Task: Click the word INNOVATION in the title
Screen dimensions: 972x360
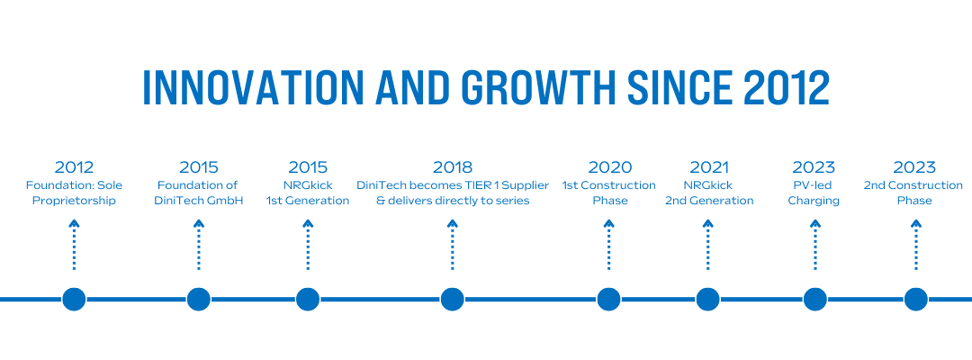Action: (253, 87)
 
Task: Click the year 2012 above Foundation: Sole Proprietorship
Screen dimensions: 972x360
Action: (74, 167)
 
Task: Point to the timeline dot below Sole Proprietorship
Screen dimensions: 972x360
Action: (74, 300)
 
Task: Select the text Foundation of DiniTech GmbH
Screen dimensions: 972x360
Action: (198, 193)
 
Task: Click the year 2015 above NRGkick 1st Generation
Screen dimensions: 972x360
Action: (308, 167)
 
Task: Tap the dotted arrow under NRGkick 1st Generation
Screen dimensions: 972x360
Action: (308, 245)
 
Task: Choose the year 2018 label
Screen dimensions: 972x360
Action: (453, 167)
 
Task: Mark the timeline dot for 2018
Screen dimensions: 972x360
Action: (453, 300)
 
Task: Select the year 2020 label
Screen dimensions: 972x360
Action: (609, 167)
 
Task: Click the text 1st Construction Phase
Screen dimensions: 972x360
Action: (609, 193)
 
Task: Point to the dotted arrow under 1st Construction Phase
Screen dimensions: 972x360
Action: (609, 245)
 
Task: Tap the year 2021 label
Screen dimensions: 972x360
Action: (708, 167)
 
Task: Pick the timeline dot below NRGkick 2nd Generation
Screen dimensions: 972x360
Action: (708, 300)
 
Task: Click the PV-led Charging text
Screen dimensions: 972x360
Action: (814, 193)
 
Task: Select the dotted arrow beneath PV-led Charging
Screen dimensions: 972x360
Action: (815, 245)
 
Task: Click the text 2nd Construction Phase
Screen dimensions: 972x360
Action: (913, 193)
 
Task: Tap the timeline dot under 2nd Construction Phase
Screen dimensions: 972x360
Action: (915, 300)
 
